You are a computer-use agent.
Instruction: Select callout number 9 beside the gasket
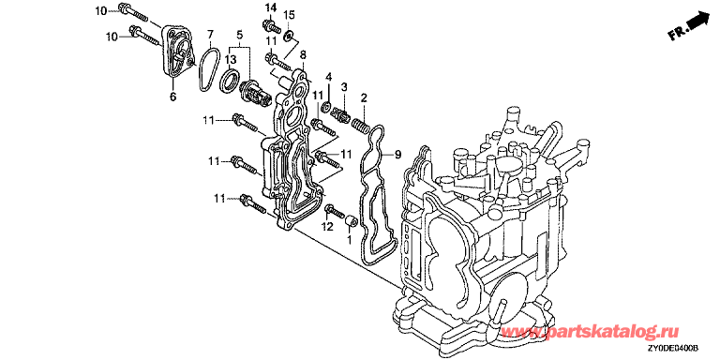click(397, 155)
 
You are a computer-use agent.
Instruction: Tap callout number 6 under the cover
click(172, 97)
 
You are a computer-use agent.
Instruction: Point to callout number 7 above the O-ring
click(210, 34)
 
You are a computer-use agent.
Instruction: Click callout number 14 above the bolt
click(271, 7)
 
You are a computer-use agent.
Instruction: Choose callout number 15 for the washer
click(288, 16)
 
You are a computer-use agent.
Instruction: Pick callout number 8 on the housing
click(303, 55)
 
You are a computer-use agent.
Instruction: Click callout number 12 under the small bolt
click(326, 226)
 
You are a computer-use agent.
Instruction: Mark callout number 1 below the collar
click(349, 239)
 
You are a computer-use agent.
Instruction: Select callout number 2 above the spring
click(364, 97)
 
